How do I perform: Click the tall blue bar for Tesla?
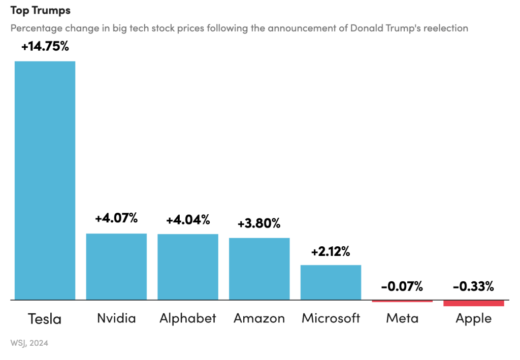click(45, 180)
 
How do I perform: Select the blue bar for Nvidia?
click(116, 267)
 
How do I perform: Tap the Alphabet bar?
click(188, 267)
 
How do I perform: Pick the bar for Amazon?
click(259, 269)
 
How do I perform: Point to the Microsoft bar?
click(331, 282)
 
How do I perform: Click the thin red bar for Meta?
click(402, 301)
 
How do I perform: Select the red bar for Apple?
click(473, 303)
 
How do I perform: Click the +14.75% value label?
click(45, 47)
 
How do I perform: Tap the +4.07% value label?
click(116, 219)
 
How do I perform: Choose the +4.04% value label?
click(188, 220)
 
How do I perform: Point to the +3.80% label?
click(259, 223)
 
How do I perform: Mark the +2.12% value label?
click(331, 251)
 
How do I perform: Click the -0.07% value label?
click(402, 286)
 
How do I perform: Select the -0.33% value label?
click(473, 286)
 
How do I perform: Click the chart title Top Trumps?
click(41, 10)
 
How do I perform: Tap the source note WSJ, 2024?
click(29, 343)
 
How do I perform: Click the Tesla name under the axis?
click(45, 319)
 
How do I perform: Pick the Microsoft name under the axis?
click(331, 318)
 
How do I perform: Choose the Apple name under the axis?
click(473, 318)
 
